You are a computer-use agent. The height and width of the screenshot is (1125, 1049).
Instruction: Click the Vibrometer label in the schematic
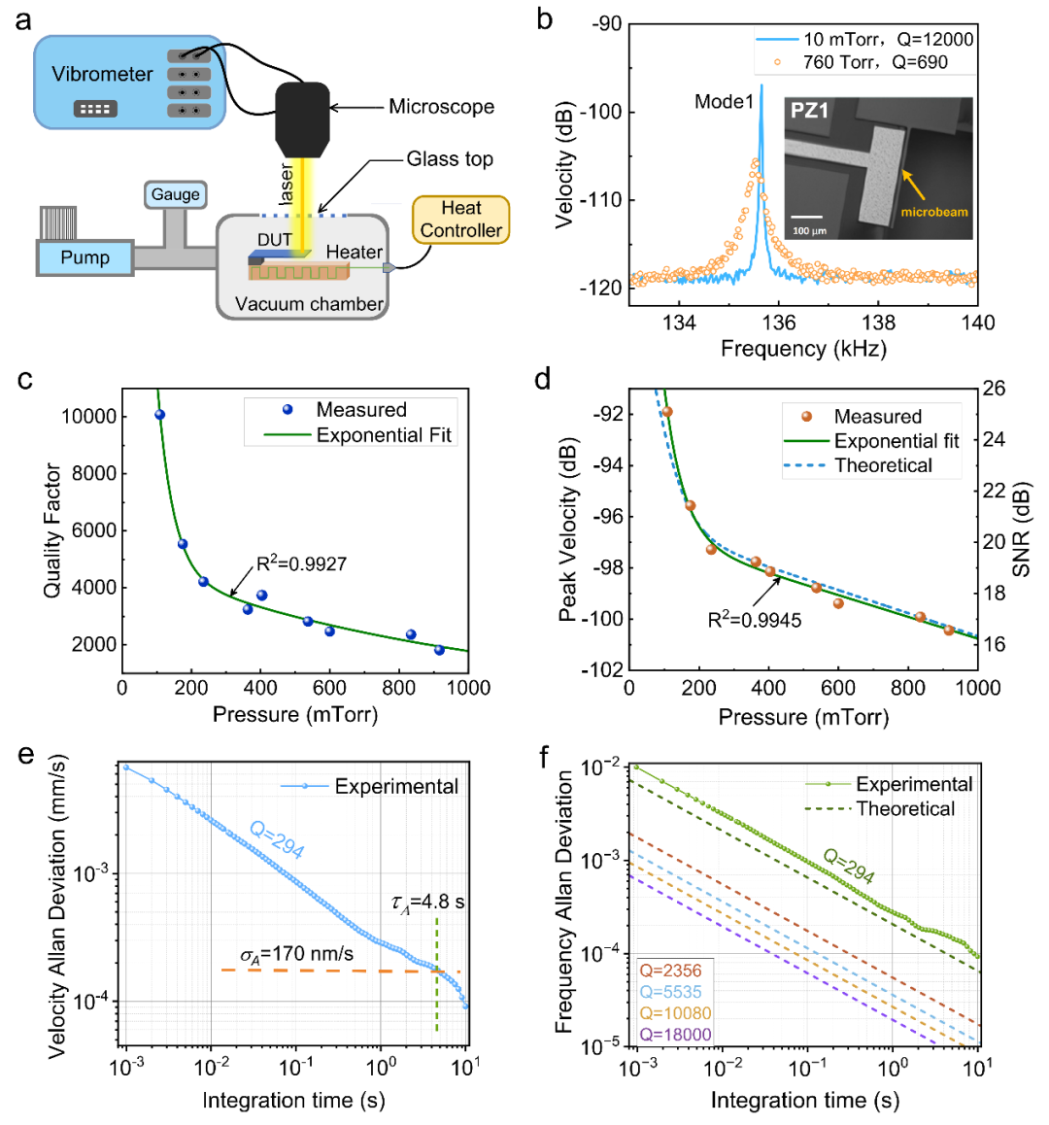[102, 74]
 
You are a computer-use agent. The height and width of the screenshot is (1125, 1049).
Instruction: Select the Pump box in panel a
[85, 258]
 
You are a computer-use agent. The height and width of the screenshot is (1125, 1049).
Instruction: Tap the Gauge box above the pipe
[175, 194]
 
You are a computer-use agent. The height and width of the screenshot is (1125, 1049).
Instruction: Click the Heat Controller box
[461, 220]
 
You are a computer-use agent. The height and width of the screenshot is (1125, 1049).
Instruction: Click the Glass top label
[450, 158]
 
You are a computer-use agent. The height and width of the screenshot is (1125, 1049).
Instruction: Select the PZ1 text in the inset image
[809, 110]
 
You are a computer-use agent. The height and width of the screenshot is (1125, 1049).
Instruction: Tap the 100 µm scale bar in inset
[806, 222]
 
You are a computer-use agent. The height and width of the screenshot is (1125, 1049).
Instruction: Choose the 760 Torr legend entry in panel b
[864, 62]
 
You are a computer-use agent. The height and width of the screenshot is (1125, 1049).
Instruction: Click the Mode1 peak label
[724, 101]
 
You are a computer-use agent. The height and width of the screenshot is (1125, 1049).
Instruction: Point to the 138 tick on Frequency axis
[878, 323]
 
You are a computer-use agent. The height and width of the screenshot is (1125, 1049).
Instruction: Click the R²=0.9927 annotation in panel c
[301, 563]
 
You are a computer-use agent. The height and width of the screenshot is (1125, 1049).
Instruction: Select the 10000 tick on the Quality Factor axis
[88, 417]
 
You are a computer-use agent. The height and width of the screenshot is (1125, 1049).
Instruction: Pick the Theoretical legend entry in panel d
[882, 465]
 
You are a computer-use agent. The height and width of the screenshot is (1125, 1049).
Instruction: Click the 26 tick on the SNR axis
[994, 389]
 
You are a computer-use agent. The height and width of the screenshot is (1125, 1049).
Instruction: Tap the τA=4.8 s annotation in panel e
[427, 903]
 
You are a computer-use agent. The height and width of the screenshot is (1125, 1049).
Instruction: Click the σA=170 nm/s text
[296, 954]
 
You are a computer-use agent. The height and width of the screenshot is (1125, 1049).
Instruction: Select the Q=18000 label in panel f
[675, 1035]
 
